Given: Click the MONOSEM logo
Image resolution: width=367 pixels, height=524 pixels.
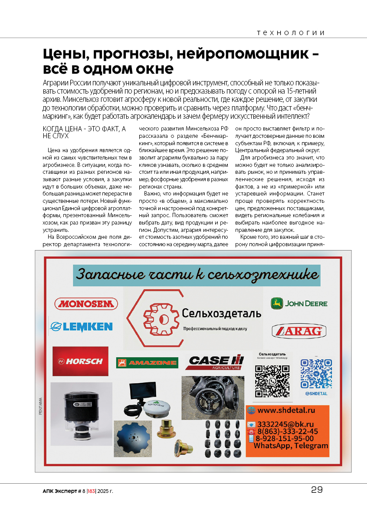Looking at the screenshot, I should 86,303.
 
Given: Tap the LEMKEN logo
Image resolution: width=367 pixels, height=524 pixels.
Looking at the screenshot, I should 81,326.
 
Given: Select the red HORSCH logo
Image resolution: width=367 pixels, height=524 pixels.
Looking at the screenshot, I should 81,361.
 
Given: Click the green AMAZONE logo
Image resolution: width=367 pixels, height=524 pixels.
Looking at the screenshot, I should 147,363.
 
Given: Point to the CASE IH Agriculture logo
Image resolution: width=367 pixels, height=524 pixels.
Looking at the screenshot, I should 214,362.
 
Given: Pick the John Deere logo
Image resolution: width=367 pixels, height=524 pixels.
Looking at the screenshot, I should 299,303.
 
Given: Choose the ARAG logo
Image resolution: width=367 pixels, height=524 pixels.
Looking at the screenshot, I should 299,332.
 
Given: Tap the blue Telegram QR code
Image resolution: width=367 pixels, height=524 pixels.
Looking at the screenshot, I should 316,374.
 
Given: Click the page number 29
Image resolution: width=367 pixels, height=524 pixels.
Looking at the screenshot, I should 317,490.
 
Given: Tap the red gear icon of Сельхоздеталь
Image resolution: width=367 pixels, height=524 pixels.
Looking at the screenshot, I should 161,319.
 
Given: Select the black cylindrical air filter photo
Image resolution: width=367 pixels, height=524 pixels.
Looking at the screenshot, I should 81,414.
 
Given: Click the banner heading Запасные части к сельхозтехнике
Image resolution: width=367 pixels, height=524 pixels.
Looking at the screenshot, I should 197,275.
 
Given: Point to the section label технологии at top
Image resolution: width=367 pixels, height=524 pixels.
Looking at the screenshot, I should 291,33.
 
